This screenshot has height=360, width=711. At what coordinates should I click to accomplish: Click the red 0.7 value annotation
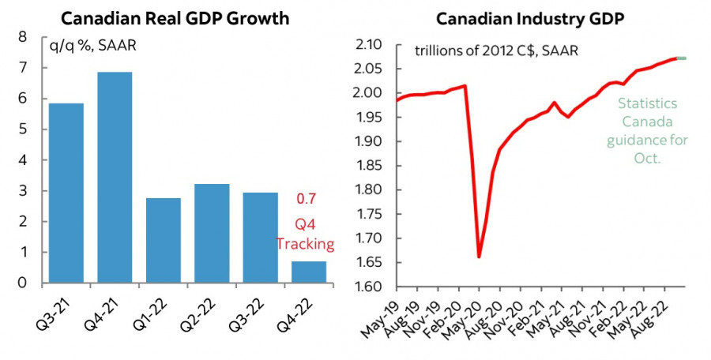(x=306, y=199)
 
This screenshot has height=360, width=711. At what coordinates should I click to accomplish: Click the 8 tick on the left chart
(x=22, y=36)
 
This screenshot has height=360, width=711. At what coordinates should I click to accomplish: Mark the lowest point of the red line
(x=479, y=257)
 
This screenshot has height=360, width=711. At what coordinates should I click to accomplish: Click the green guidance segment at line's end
(x=682, y=58)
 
